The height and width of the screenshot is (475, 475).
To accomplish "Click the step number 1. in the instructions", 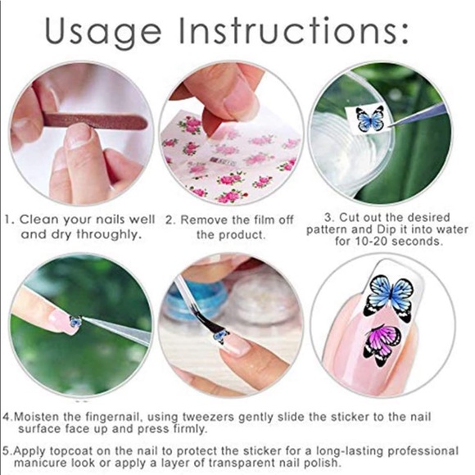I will [x=10, y=219].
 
